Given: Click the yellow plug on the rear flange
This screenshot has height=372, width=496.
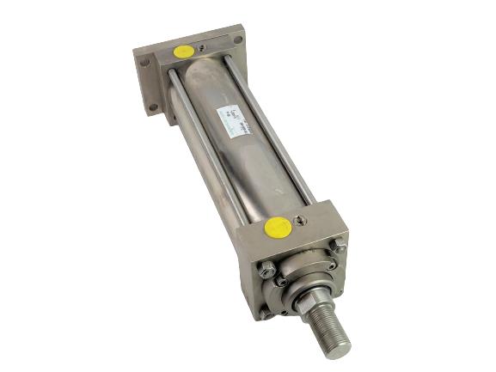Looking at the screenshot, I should pyautogui.click(x=182, y=52).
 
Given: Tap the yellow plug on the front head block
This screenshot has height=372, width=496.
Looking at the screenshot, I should pyautogui.click(x=277, y=227).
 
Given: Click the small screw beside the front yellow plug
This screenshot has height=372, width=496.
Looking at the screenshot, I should pyautogui.click(x=297, y=220).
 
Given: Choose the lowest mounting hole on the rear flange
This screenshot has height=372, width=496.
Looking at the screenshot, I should pyautogui.click(x=152, y=107).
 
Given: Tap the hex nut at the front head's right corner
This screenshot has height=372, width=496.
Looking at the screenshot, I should pyautogui.click(x=341, y=248).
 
